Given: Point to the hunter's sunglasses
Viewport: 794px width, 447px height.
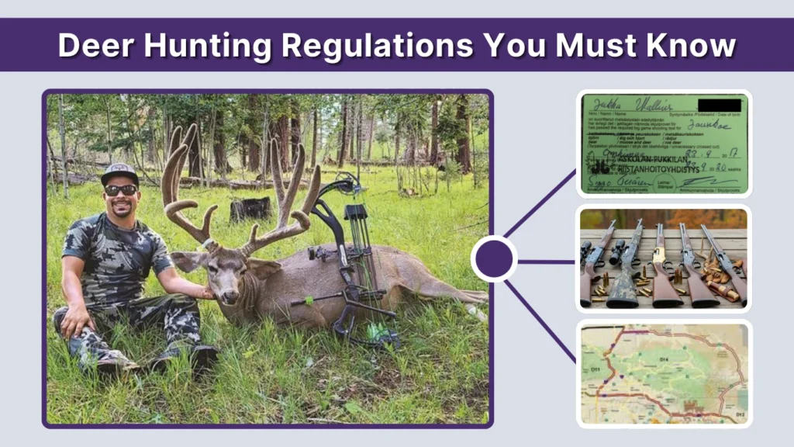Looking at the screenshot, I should coord(121,190).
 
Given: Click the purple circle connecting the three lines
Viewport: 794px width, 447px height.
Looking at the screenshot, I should coord(494,259).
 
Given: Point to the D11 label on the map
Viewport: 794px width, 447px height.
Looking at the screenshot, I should coord(595,371).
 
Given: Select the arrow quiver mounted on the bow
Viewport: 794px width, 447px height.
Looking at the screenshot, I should coord(357,233).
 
